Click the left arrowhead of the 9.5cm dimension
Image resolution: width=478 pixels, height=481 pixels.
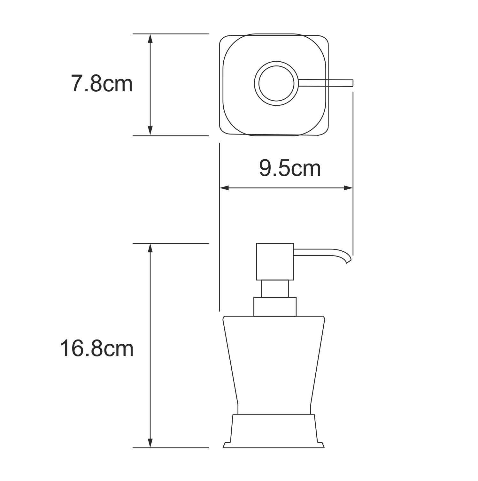pyautogui.click(x=224, y=188)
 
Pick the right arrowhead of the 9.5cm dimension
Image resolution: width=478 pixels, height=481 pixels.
pyautogui.click(x=348, y=188)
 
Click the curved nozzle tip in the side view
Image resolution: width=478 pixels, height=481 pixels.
pyautogui.click(x=348, y=260)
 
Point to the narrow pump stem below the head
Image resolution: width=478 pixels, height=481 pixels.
pyautogui.click(x=275, y=289)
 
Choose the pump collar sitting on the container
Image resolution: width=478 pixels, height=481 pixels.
pyautogui.click(x=275, y=307)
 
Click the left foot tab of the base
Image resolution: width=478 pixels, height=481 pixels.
pyautogui.click(x=226, y=445)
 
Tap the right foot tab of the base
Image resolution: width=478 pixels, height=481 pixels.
pyautogui.click(x=322, y=445)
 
